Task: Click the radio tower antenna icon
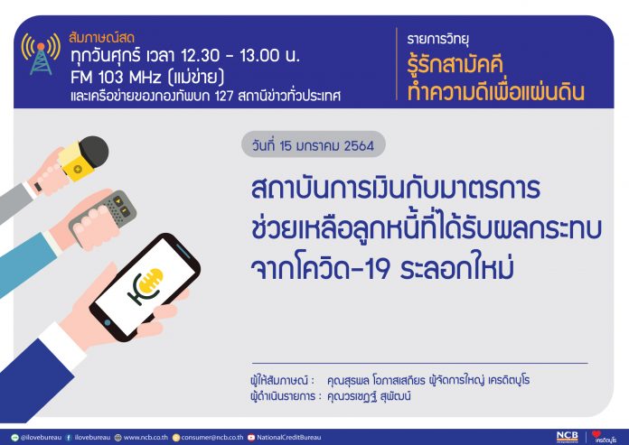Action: (x=41, y=54)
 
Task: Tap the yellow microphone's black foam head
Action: (x=94, y=152)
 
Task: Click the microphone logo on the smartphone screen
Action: (x=146, y=286)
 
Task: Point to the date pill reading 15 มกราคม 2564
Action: (x=314, y=144)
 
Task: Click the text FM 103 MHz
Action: (x=116, y=77)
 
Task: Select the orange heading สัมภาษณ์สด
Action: (x=101, y=37)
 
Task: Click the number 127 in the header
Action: (x=223, y=96)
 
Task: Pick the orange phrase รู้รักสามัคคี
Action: (x=455, y=65)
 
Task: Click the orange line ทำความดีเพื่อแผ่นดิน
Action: (x=495, y=92)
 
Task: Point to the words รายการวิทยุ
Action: (x=437, y=39)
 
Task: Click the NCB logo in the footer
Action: (x=568, y=437)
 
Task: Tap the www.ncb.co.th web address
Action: (x=146, y=438)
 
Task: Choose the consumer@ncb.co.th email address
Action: (x=211, y=438)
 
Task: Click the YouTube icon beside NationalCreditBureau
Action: (x=251, y=438)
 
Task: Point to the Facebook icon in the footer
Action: (x=69, y=438)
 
